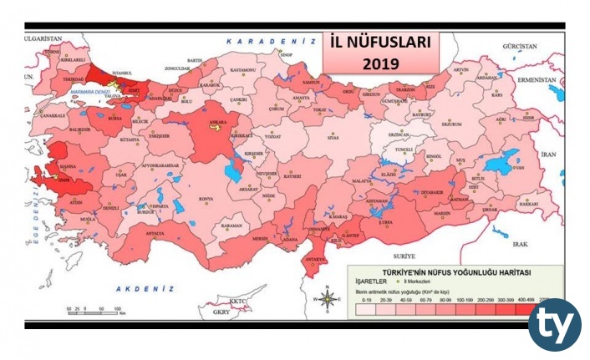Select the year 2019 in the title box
pyautogui.click(x=381, y=62)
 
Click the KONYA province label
pyautogui.click(x=205, y=199)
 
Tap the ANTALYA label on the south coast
pyautogui.click(x=155, y=233)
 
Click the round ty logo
pyautogui.click(x=554, y=324)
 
